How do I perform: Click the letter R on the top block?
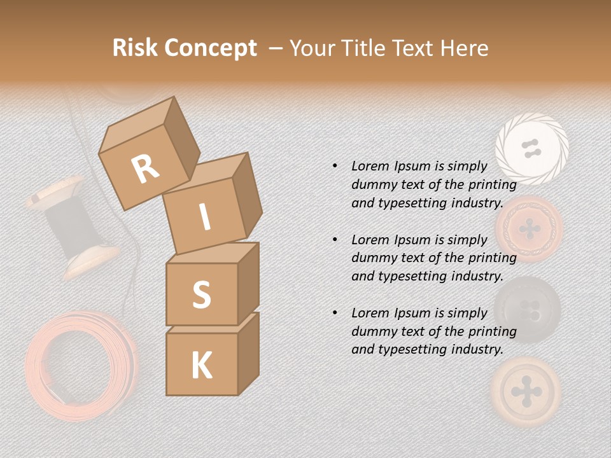(146, 169)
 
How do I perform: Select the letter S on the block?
(201, 295)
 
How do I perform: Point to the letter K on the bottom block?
(202, 366)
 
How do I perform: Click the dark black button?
(527, 309)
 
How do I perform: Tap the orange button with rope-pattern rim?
(530, 228)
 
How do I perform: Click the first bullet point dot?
(335, 166)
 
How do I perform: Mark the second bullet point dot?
(335, 240)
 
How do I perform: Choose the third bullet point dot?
(335, 313)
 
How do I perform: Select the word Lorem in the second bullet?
(370, 240)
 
